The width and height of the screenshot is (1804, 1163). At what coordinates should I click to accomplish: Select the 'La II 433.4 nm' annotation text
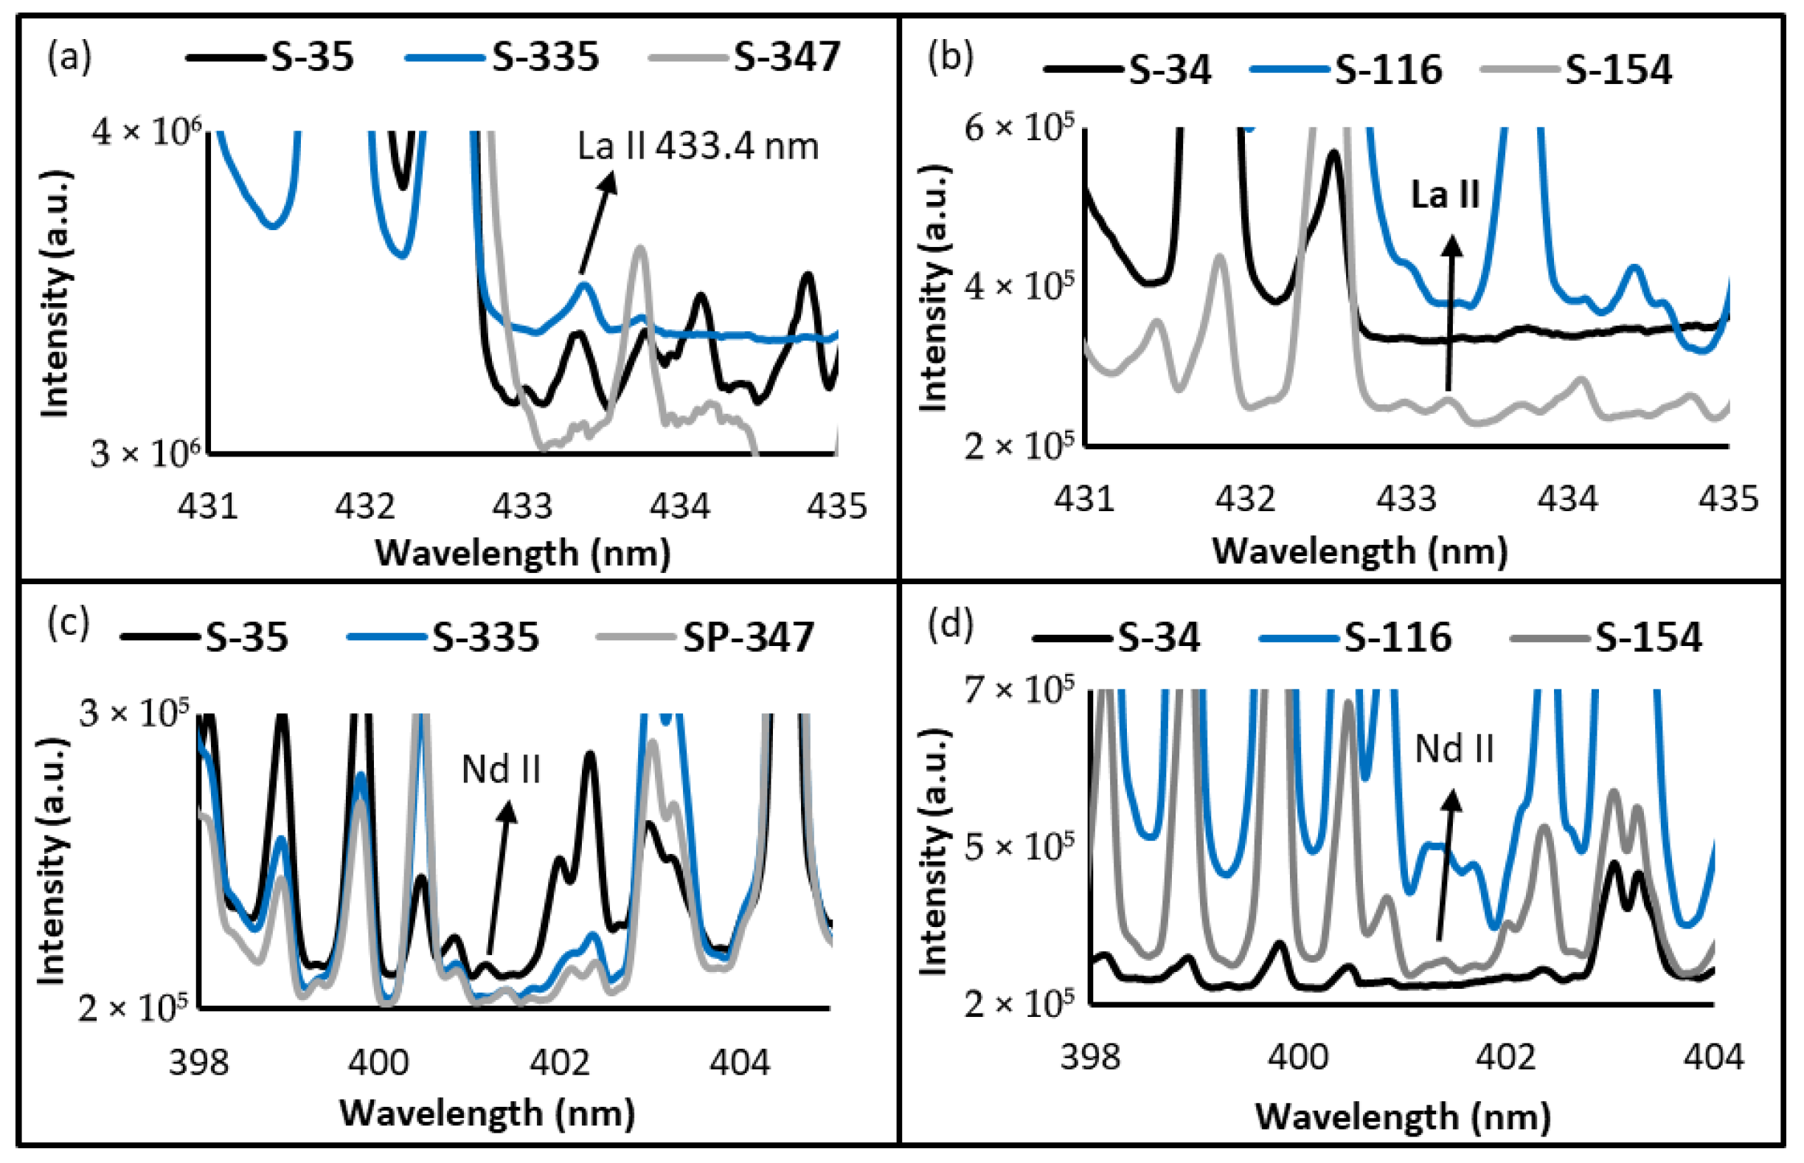pyautogui.click(x=698, y=146)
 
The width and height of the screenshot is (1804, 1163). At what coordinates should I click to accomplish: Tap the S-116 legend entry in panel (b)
pyautogui.click(x=1347, y=70)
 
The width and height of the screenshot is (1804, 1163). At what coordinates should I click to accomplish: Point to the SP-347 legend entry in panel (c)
pyautogui.click(x=706, y=636)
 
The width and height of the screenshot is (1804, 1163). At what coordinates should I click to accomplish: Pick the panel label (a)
pyautogui.click(x=69, y=58)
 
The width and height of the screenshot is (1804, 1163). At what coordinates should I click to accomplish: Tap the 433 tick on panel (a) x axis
pyautogui.click(x=523, y=505)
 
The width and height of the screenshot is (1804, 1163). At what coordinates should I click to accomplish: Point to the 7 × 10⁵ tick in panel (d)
pyautogui.click(x=1019, y=689)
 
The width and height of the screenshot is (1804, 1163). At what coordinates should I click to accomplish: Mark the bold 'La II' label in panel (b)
pyautogui.click(x=1445, y=195)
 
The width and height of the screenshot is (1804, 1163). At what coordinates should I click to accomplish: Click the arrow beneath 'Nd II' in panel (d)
pyautogui.click(x=1446, y=865)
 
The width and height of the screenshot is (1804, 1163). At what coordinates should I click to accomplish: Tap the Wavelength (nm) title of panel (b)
pyautogui.click(x=1359, y=551)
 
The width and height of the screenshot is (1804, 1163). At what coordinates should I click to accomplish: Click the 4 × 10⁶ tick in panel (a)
pyautogui.click(x=148, y=133)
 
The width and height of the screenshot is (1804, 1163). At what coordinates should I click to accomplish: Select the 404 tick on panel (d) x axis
pyautogui.click(x=1713, y=1057)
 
